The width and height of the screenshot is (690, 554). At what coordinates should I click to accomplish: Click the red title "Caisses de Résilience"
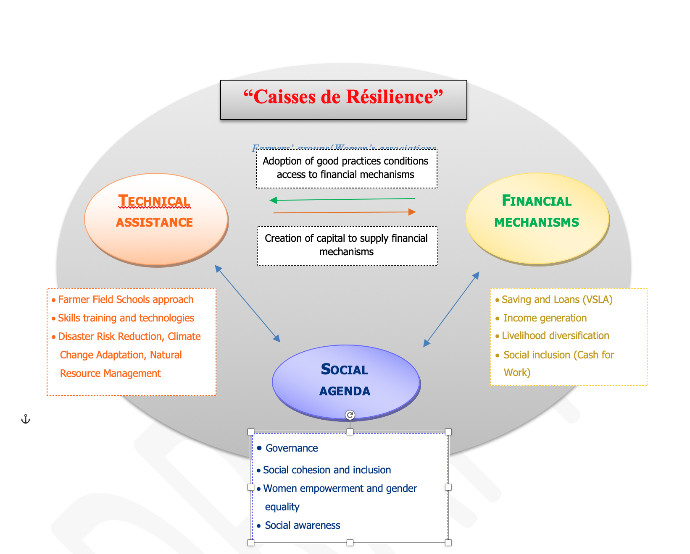[x=343, y=97]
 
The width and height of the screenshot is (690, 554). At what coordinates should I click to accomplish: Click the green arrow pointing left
[x=342, y=199]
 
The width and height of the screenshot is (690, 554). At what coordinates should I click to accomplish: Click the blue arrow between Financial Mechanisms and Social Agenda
[x=451, y=309]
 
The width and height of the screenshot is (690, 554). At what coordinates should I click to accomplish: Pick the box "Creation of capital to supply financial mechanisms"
[x=347, y=245]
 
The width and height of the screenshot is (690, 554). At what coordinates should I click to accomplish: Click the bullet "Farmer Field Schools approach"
[x=125, y=300]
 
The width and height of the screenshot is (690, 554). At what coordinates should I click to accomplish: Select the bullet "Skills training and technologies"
[x=126, y=318]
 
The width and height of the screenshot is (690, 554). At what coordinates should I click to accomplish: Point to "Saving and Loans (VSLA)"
[x=557, y=300]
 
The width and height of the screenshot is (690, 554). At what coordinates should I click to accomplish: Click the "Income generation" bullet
[x=545, y=318]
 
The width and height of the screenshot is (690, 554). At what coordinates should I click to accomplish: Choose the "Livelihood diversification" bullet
[x=555, y=336]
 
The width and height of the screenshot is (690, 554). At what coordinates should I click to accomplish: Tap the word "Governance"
[x=292, y=448]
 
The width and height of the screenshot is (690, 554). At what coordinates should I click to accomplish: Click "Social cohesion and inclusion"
[x=327, y=470]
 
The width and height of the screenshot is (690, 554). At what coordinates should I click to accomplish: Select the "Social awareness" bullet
[x=302, y=525]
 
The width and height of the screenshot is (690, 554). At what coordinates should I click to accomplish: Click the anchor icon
[x=26, y=419]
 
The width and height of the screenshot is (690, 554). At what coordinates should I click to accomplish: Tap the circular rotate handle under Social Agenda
[x=350, y=415]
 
